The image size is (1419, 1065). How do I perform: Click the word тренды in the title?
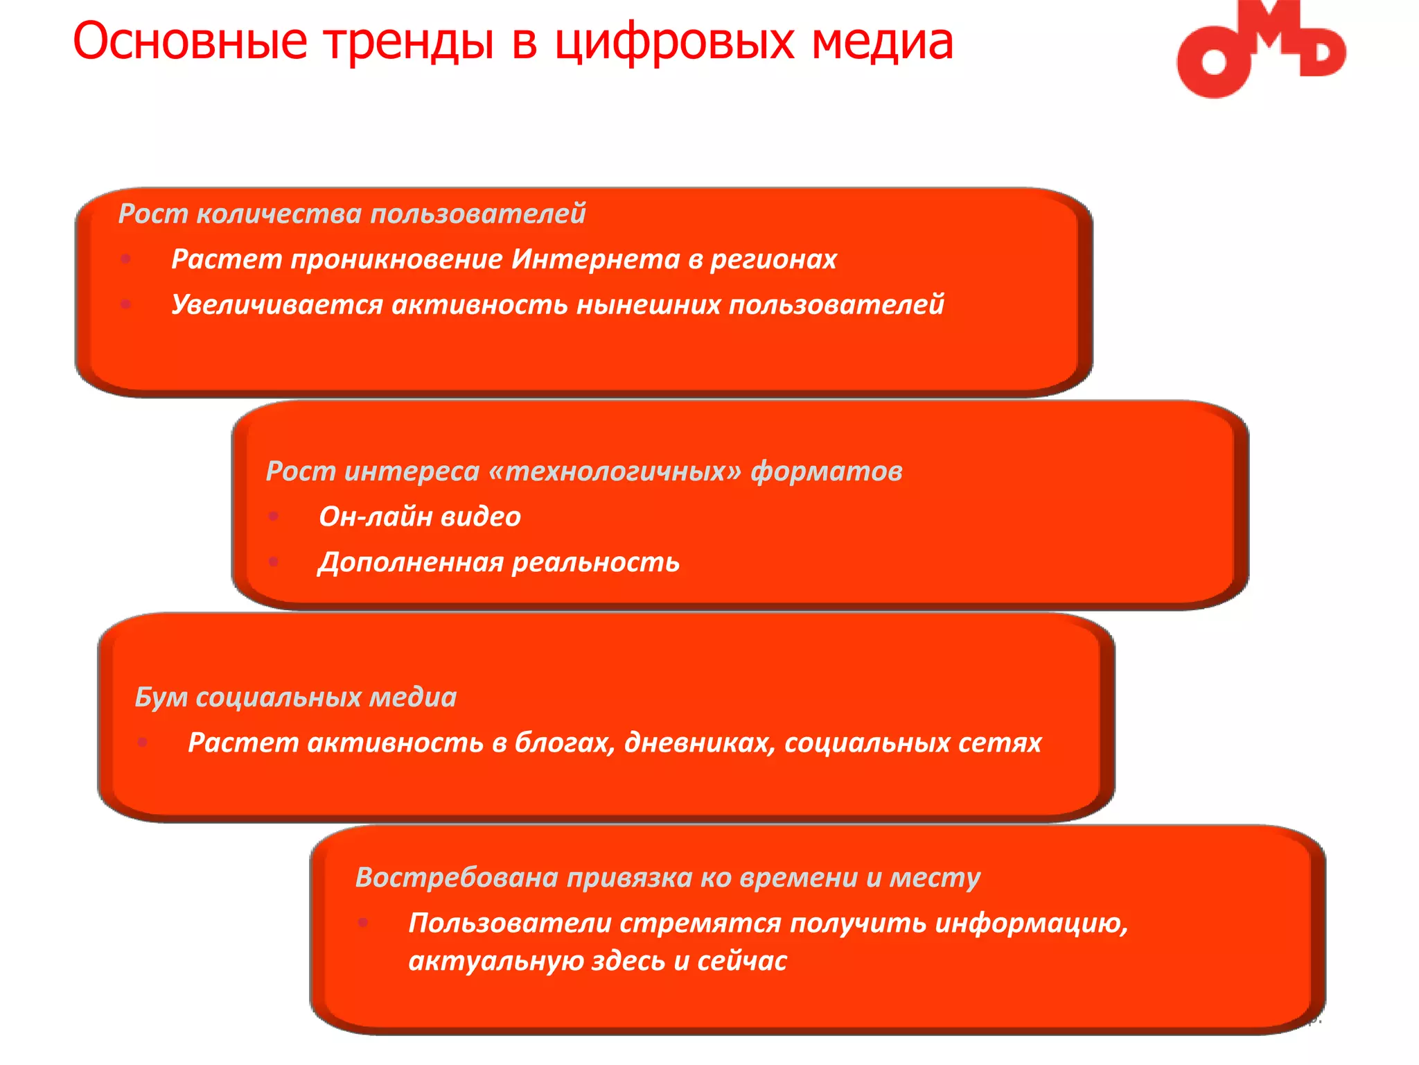pos(409,42)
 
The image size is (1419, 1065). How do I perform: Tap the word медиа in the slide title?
pos(882,42)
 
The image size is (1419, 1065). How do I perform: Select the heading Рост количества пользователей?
pos(352,214)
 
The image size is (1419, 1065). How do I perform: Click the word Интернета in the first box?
pos(596,259)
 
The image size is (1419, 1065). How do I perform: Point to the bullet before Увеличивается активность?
pos(126,304)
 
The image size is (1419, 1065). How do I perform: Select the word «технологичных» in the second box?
pos(615,471)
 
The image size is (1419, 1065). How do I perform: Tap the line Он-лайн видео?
pos(419,517)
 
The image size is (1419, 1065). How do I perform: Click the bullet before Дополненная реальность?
pos(274,562)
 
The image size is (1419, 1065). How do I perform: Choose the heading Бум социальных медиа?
pos(296,698)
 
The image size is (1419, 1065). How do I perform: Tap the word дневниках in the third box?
pos(700,743)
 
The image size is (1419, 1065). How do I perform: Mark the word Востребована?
pos(457,878)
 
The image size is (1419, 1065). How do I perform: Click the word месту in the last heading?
pos(935,878)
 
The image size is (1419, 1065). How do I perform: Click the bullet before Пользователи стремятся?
pos(363,923)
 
